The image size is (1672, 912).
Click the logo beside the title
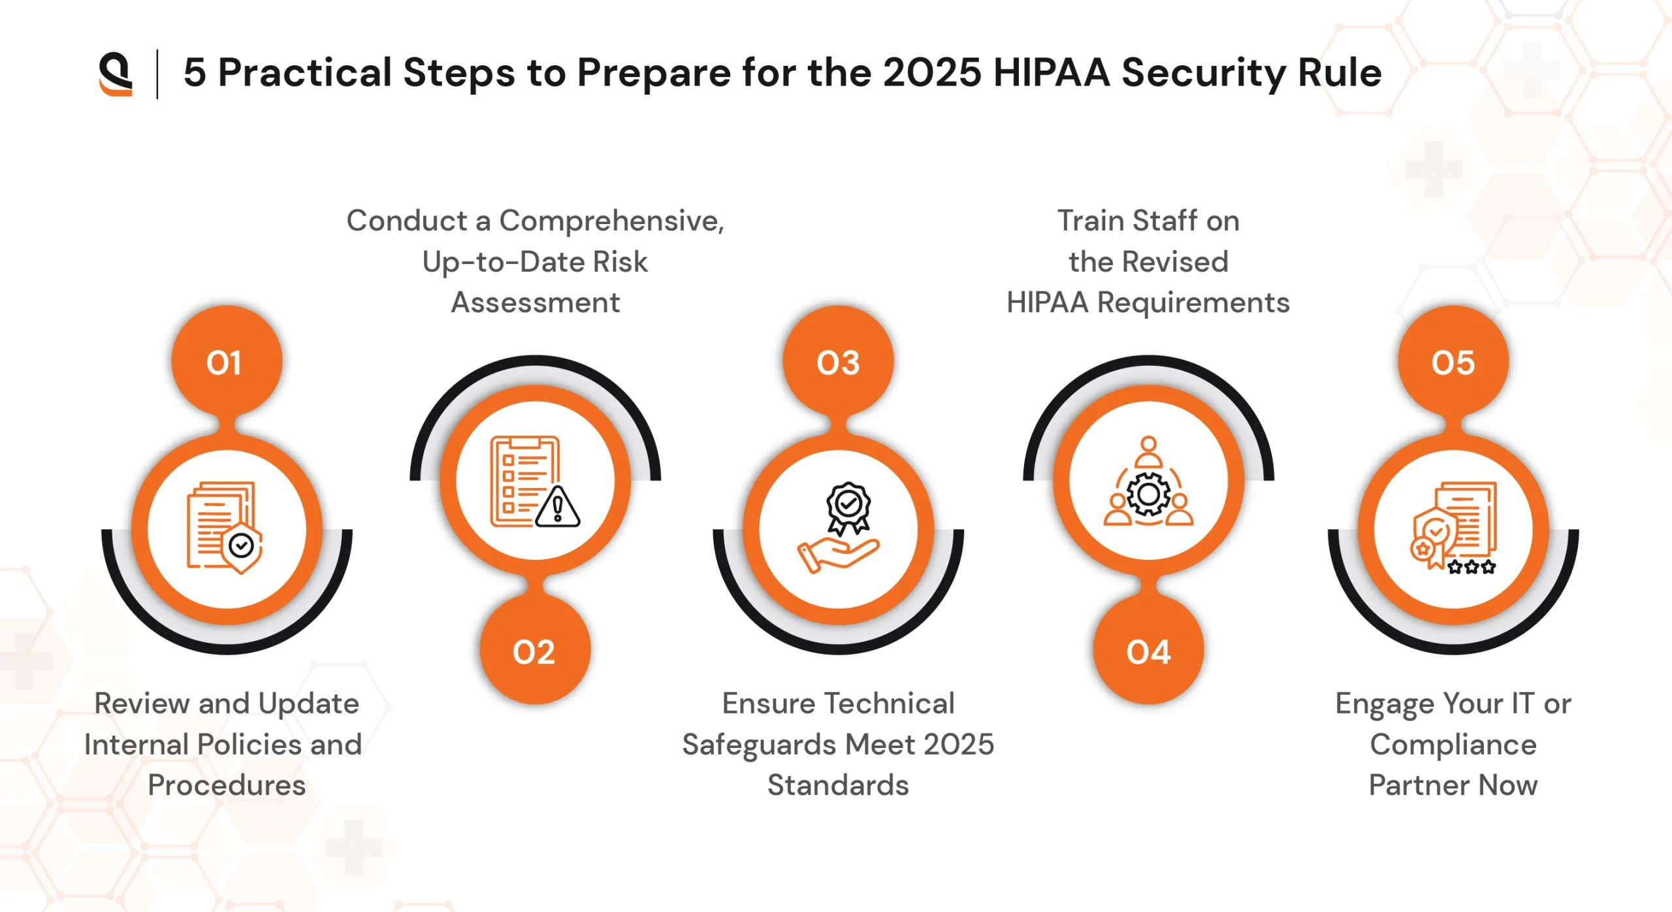coord(116,74)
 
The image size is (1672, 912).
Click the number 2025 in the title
coord(932,73)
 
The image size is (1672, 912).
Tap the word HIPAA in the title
coord(1052,73)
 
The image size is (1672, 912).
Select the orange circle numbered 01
coord(227,361)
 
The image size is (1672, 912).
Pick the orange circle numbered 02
coord(535,650)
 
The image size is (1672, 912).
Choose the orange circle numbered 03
coord(839,361)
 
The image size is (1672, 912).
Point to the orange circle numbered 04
coord(1148,650)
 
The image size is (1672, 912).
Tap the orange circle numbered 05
coord(1453,361)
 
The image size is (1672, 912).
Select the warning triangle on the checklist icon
coord(557,507)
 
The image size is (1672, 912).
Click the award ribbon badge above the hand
coord(848,507)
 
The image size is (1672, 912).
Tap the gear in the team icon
coord(1149,495)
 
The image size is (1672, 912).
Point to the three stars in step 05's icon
coord(1471,567)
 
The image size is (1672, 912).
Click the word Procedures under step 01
coord(227,785)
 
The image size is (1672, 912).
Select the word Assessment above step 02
coord(536,302)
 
